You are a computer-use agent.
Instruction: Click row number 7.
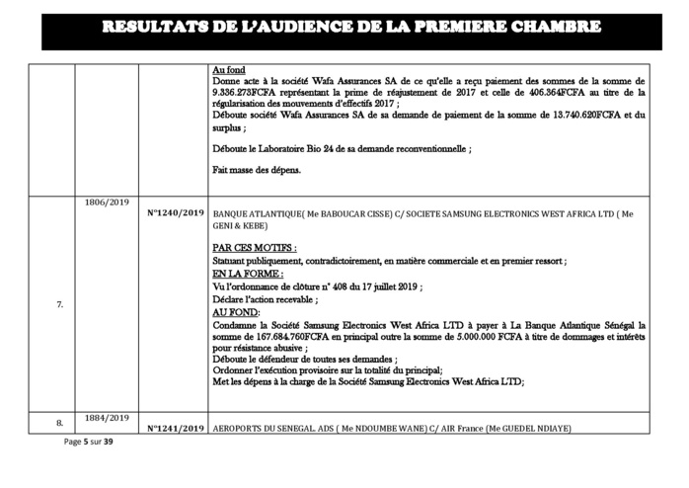coord(59,304)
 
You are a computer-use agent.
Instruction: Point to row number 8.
coord(59,423)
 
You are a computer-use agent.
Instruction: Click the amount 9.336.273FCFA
coord(244,92)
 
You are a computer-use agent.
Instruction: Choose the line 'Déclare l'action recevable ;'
coord(265,299)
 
